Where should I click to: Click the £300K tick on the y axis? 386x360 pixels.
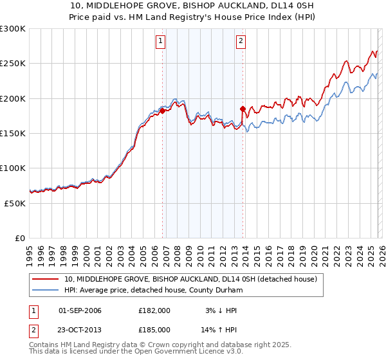(13, 29)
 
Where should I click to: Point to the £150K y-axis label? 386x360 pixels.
(13, 134)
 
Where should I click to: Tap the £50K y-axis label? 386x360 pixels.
(15, 203)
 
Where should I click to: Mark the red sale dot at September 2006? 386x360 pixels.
(162, 111)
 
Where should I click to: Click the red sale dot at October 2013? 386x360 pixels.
(243, 109)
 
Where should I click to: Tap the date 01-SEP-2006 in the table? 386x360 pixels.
(80, 310)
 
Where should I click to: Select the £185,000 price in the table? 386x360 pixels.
(154, 330)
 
